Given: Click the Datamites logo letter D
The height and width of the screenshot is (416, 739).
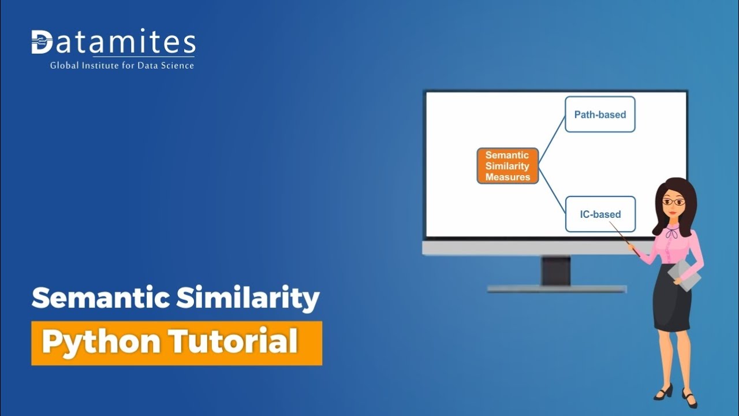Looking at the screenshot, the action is tap(42, 42).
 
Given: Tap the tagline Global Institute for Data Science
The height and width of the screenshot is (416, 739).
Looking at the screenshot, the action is tap(122, 65).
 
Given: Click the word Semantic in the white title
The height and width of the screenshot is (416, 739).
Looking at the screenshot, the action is tap(100, 298).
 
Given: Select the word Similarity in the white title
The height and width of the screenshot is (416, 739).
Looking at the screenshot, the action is tap(248, 299).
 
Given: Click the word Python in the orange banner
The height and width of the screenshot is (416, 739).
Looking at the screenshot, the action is tap(101, 343).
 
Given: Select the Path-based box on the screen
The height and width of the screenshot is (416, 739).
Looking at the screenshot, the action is tap(600, 114).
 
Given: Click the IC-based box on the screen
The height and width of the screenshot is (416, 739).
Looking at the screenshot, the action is tap(600, 214).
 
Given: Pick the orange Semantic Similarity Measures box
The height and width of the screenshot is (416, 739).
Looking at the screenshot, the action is tap(507, 166).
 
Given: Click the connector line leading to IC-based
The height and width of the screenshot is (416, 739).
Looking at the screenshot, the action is tap(552, 190).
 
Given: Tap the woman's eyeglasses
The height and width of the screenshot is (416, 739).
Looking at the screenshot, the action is tap(674, 202).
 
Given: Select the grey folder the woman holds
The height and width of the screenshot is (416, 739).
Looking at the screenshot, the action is tap(685, 275).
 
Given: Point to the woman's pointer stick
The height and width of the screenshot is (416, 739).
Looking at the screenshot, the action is tap(624, 239).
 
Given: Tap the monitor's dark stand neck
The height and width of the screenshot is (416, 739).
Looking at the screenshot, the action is tap(556, 271).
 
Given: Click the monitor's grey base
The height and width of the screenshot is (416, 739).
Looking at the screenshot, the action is tap(557, 289).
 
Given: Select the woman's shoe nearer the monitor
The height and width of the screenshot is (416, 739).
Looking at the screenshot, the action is tap(664, 392).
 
